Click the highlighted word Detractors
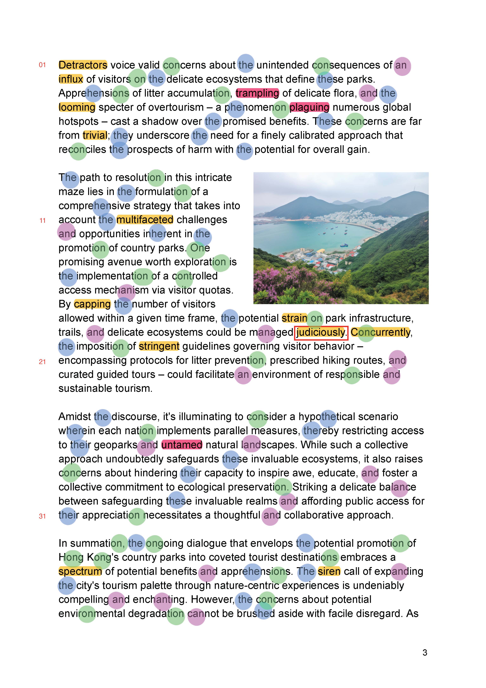click(x=83, y=65)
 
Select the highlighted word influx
click(x=71, y=79)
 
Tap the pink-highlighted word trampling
click(x=257, y=93)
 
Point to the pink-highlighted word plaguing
click(x=309, y=107)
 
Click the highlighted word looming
click(x=77, y=107)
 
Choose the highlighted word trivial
click(x=95, y=135)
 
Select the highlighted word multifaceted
click(x=145, y=220)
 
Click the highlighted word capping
click(x=92, y=304)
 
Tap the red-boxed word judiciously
click(x=321, y=332)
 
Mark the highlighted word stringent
click(x=159, y=346)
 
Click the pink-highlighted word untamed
click(x=181, y=445)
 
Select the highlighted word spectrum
click(x=80, y=571)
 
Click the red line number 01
click(x=42, y=65)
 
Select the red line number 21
click(x=42, y=362)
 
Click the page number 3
click(x=424, y=653)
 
